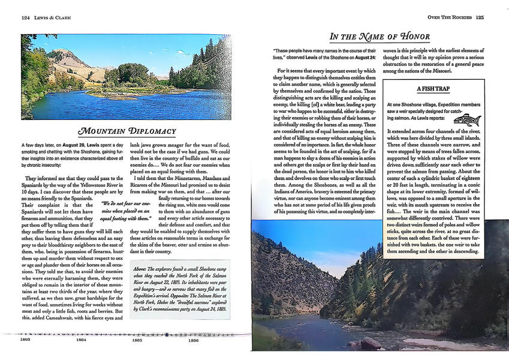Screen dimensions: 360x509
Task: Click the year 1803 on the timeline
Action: pyautogui.click(x=25, y=340)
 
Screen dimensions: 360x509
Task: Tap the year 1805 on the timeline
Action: pyautogui.click(x=137, y=340)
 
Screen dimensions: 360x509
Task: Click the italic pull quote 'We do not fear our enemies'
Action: pyautogui.click(x=125, y=212)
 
